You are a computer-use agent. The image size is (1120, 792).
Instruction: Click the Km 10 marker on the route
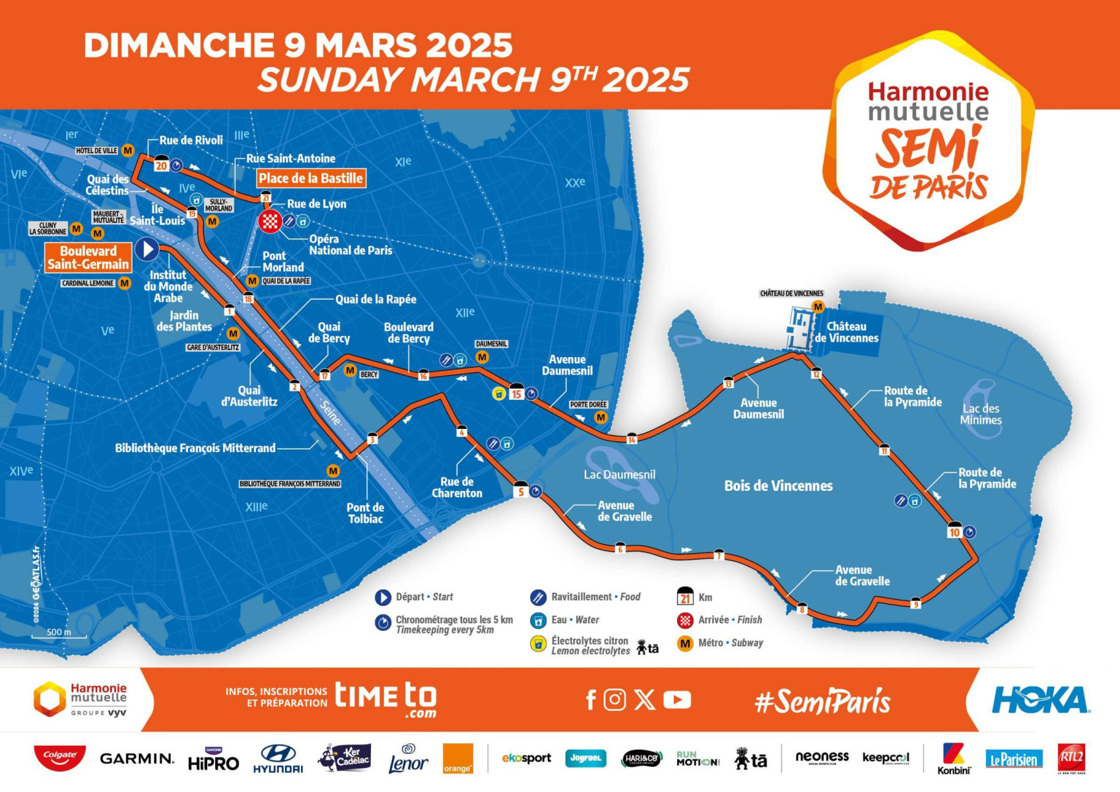coord(954,531)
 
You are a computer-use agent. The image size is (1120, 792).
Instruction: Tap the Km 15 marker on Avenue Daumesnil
coord(516,393)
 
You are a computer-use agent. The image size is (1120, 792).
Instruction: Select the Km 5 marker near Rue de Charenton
coord(521,490)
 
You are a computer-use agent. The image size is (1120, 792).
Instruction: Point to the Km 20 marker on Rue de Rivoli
coord(161,164)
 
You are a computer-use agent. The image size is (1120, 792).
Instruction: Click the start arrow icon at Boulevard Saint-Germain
coord(147,249)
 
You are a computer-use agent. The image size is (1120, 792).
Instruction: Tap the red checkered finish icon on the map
coord(270,221)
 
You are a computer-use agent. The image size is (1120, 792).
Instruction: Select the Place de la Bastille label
coord(310,178)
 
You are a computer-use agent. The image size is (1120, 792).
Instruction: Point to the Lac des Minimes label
coord(981,414)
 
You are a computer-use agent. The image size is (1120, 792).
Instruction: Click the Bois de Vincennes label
coord(778,486)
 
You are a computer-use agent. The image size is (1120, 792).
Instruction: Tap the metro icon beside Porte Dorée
coord(601,417)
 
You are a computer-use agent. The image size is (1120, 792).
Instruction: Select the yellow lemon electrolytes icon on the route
coord(500,394)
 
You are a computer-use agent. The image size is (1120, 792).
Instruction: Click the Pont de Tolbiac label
coord(365,513)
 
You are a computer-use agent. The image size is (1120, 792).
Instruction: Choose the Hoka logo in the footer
coord(1040,700)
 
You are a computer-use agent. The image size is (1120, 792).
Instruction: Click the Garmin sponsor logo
coord(137,759)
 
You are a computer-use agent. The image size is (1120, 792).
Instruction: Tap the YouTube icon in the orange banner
coord(676,700)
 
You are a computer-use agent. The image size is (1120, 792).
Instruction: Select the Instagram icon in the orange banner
coord(614,700)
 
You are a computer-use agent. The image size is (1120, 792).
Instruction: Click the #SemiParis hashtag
coord(822,701)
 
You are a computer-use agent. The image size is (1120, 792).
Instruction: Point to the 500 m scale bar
coord(59,636)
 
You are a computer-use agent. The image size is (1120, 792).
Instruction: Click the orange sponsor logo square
coord(457,759)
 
